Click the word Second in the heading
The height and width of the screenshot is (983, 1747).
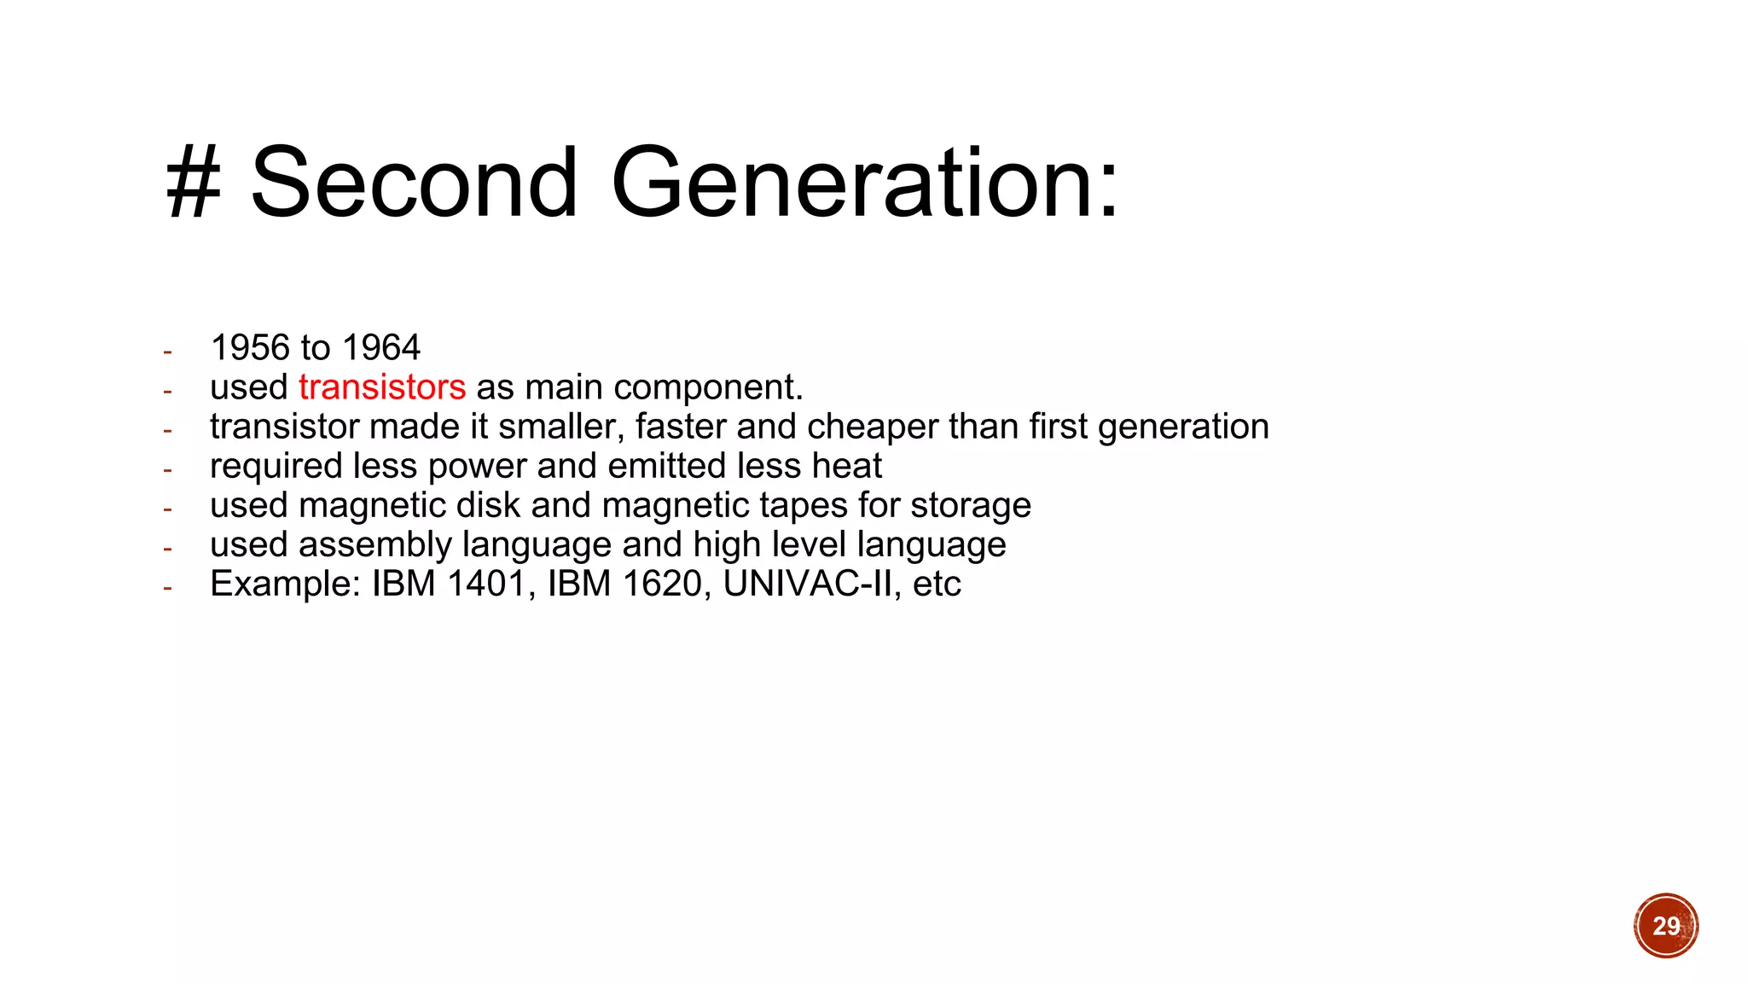(415, 182)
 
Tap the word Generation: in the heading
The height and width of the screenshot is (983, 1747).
(864, 182)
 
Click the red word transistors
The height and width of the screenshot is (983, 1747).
(382, 387)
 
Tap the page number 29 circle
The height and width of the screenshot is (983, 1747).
(1666, 926)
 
